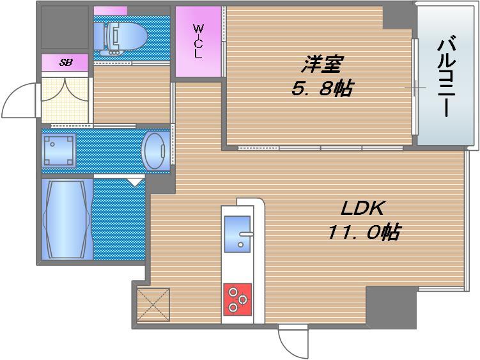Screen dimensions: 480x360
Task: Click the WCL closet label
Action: click(x=198, y=42)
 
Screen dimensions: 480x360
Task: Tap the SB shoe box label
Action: click(x=66, y=63)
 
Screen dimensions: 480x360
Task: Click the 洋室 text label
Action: click(x=321, y=64)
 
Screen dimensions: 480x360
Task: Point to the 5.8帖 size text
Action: click(x=321, y=88)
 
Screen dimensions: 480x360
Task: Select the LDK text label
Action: click(x=362, y=208)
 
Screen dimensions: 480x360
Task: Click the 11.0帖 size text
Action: click(x=364, y=232)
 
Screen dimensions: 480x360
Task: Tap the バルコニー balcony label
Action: click(x=447, y=77)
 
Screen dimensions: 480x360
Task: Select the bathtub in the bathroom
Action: click(x=67, y=219)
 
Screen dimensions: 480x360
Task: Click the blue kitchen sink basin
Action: click(x=237, y=234)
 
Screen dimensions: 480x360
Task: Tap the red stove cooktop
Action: click(x=238, y=299)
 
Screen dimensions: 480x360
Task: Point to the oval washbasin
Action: click(x=155, y=150)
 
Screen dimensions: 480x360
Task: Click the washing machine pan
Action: click(x=59, y=150)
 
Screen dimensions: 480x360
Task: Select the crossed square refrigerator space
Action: click(x=153, y=305)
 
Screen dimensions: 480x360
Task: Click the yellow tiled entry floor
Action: click(x=65, y=100)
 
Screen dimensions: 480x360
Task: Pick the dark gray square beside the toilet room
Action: click(x=65, y=27)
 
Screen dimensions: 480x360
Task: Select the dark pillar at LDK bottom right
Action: click(x=391, y=308)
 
